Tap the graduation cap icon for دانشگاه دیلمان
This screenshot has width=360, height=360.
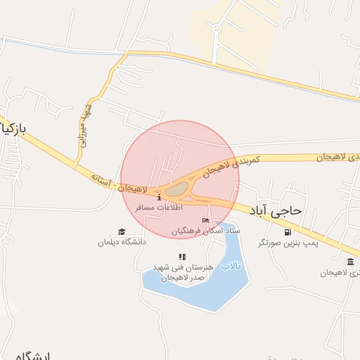[122, 232]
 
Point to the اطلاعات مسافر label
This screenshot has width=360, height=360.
[158, 208]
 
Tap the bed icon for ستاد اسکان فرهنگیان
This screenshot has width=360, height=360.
[205, 221]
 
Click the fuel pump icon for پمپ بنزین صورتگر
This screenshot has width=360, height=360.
[288, 233]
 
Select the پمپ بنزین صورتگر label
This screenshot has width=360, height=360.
[288, 243]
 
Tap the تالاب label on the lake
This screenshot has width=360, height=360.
[231, 266]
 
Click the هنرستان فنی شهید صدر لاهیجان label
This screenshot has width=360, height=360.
[182, 273]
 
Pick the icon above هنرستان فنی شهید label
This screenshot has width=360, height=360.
[182, 257]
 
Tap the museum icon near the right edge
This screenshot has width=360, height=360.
[350, 262]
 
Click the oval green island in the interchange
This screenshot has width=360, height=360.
[177, 188]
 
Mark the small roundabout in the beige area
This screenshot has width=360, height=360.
[217, 29]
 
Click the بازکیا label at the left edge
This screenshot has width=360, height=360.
[13, 130]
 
